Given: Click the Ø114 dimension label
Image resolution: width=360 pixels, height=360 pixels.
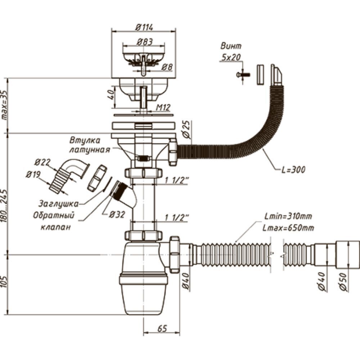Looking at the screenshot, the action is (144, 28).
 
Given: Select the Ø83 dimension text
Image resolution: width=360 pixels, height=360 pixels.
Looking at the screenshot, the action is (144, 42).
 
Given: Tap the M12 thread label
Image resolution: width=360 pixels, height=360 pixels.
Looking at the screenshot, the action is (163, 107).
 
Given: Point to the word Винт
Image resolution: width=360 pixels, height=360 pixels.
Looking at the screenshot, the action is (231, 46).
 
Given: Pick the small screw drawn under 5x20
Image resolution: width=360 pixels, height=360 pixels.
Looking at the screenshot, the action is (243, 75).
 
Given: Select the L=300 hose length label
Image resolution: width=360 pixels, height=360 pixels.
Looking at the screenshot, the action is (293, 170).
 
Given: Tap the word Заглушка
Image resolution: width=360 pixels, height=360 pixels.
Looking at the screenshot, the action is (58, 204).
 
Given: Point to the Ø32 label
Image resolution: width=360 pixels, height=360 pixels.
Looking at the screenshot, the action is (117, 215).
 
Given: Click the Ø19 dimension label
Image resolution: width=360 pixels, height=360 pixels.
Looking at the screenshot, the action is (33, 175).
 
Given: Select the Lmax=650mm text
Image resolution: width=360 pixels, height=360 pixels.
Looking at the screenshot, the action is (288, 228).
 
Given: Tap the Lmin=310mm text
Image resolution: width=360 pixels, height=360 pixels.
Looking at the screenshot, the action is (288, 216).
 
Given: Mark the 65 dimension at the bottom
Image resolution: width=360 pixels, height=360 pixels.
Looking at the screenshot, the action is (162, 329).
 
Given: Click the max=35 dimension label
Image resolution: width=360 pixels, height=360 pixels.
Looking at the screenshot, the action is (4, 104).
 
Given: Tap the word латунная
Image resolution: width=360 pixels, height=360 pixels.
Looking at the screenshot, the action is (90, 150).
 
